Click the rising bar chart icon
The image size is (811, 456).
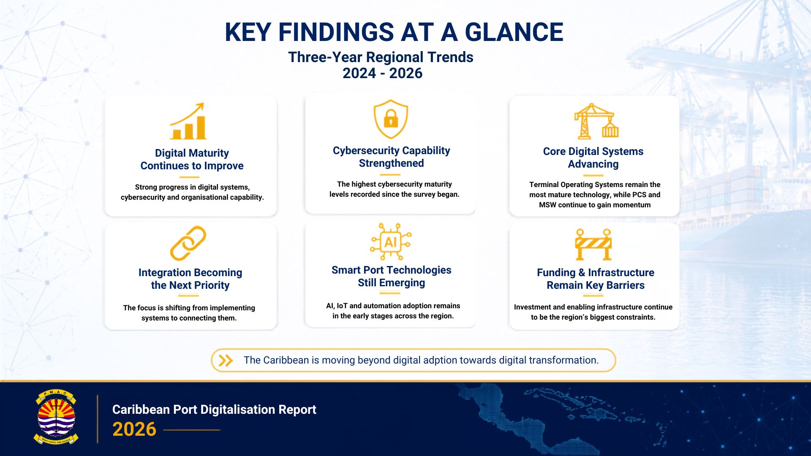[188, 121]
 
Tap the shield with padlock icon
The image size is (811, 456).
[391, 119]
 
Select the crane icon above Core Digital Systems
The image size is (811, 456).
[596, 121]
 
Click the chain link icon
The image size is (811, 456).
[188, 243]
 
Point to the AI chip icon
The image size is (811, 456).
[391, 242]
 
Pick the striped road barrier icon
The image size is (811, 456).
[593, 244]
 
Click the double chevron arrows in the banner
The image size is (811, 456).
[226, 360]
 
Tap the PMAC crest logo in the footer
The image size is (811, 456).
[56, 417]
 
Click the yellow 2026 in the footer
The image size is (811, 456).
[134, 429]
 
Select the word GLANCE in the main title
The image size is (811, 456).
[514, 32]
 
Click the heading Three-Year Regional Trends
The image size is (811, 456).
[381, 57]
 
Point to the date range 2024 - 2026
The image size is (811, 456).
[382, 73]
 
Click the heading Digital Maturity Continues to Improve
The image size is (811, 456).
[192, 159]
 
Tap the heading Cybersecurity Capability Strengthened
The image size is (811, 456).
[391, 157]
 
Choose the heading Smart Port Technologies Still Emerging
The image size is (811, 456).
[391, 276]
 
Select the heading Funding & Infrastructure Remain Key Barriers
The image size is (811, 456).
[596, 279]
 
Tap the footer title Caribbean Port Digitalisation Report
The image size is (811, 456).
[214, 410]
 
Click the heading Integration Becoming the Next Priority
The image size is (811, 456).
[190, 279]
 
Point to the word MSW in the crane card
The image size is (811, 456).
[547, 205]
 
